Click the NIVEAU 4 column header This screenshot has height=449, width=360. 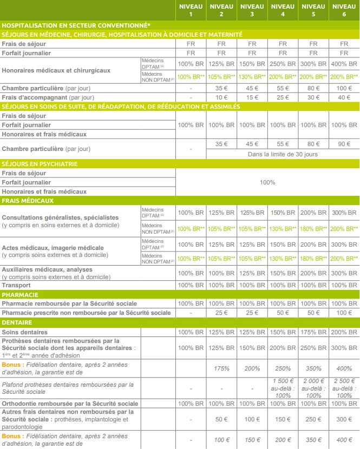pyautogui.click(x=283, y=10)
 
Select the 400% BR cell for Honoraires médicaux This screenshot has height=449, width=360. pyautogui.click(x=344, y=64)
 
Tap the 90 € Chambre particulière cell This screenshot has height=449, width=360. pyautogui.click(x=344, y=144)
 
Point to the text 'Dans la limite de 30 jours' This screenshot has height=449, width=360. pyautogui.click(x=283, y=154)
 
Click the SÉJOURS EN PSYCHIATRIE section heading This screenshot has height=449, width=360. pyautogui.click(x=39, y=163)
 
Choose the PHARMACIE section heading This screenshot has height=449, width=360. pyautogui.click(x=20, y=295)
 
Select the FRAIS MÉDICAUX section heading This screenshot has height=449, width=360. pyautogui.click(x=28, y=201)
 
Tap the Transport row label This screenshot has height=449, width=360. pyautogui.click(x=16, y=285)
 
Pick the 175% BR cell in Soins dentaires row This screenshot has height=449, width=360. pyautogui.click(x=313, y=332)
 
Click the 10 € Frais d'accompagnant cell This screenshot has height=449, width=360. pyautogui.click(x=221, y=97)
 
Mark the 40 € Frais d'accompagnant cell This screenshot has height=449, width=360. pyautogui.click(x=344, y=97)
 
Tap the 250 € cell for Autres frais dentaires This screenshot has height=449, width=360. pyautogui.click(x=313, y=420)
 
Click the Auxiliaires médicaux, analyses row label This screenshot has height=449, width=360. pyautogui.click(x=48, y=269)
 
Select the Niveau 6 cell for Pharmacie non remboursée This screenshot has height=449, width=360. pyautogui.click(x=344, y=313)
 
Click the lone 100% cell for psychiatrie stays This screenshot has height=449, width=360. pyautogui.click(x=267, y=182)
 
